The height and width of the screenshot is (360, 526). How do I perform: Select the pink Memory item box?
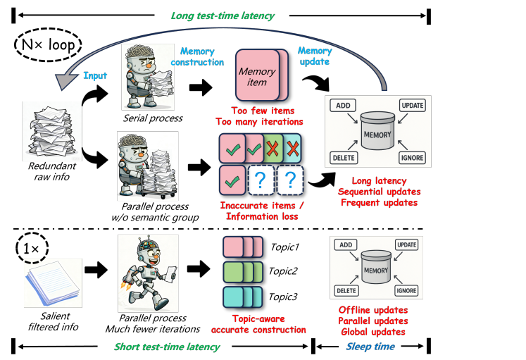coord(257,77)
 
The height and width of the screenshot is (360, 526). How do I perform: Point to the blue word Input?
coord(96,75)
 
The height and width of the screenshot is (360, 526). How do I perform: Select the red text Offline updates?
coord(372,310)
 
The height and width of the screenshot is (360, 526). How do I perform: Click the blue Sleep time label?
coord(370,346)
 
